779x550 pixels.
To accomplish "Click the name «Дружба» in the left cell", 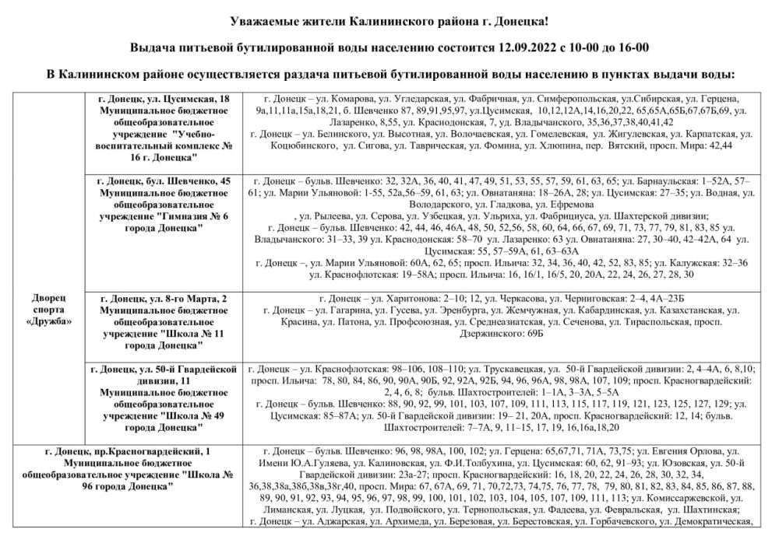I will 51,321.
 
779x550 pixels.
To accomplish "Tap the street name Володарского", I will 441,205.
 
